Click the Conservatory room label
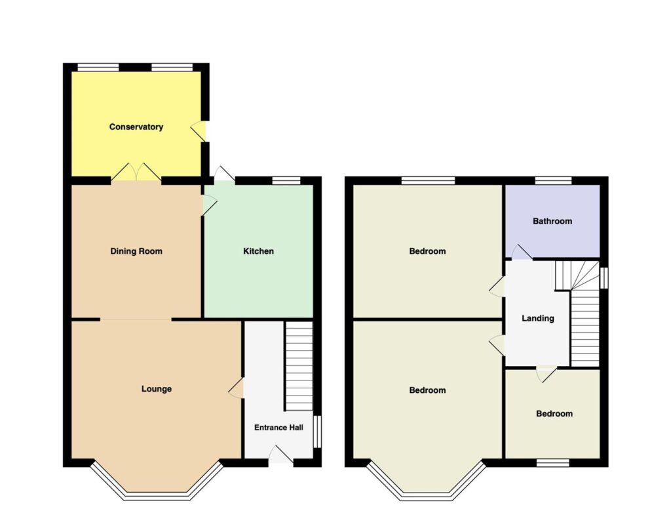point(136,127)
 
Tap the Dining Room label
point(136,251)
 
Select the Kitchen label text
point(258,251)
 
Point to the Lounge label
point(156,389)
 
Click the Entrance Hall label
point(278,428)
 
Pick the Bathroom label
point(552,221)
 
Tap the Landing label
point(537,318)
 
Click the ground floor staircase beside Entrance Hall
point(299,366)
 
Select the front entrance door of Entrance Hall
point(280,455)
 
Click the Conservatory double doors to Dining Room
point(136,173)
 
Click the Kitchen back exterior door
point(224,175)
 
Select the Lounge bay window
point(157,482)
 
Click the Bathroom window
point(553,180)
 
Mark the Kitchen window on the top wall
point(286,180)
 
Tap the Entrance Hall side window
point(317,432)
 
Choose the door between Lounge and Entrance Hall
point(237,388)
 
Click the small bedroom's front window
point(553,462)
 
